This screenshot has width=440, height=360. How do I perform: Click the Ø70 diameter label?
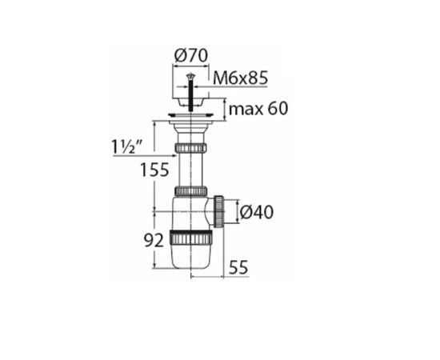(191, 56)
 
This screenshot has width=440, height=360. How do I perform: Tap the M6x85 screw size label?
(241, 78)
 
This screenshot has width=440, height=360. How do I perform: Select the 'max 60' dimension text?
(258, 109)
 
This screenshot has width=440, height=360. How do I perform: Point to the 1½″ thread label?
(127, 146)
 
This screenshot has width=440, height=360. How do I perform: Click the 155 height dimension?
(154, 170)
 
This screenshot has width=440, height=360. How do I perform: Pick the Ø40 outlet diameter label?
(257, 212)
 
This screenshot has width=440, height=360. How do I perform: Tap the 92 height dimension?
(154, 241)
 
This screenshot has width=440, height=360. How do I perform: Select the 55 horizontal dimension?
(238, 267)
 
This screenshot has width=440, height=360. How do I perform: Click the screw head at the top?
(191, 75)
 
